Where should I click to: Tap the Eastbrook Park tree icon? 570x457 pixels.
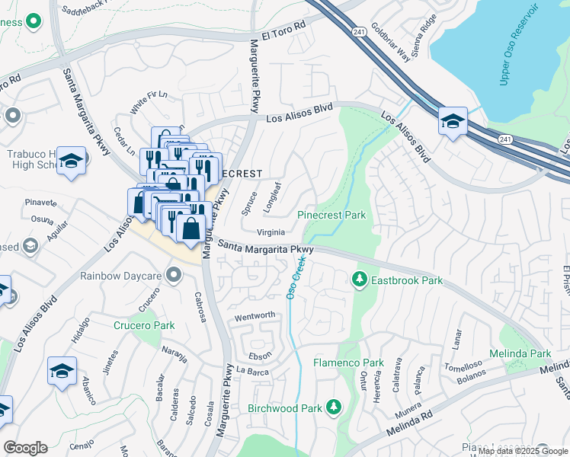pos(359,280)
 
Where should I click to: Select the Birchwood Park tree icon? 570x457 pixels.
pos(333,408)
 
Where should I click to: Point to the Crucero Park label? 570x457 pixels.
pos(144,325)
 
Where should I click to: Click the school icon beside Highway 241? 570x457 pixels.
pos(453,122)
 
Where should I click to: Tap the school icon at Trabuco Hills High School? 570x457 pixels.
pos(72,161)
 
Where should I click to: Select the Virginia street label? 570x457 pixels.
pos(271,233)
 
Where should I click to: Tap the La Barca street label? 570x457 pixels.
pos(253,371)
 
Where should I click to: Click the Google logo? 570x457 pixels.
pos(25,448)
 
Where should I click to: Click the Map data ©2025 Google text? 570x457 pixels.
pos(523,451)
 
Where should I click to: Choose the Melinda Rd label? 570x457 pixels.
pos(413,422)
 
